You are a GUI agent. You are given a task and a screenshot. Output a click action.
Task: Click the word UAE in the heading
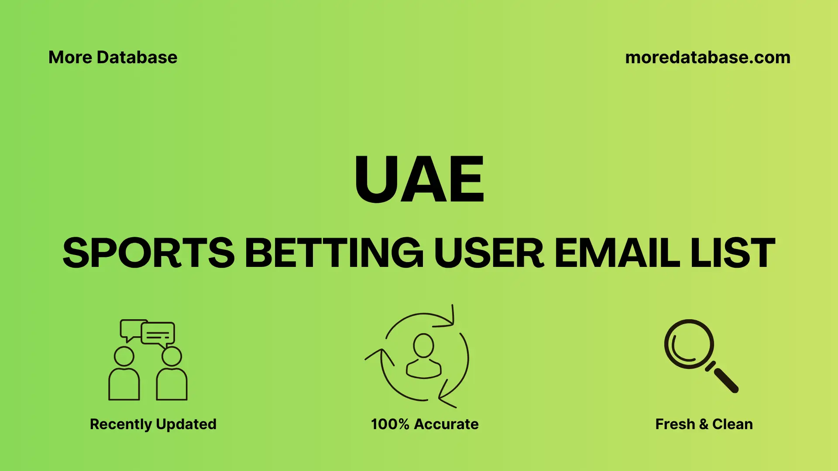pyautogui.click(x=419, y=179)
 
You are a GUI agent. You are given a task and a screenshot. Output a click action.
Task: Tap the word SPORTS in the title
pyautogui.click(x=148, y=253)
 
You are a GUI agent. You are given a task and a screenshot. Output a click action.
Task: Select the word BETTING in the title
pyautogui.click(x=334, y=253)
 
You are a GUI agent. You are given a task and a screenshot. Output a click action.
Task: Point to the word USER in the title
pyautogui.click(x=489, y=253)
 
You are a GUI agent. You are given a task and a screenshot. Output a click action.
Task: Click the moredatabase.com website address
pyautogui.click(x=707, y=58)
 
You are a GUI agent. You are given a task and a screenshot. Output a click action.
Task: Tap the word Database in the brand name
pyautogui.click(x=137, y=58)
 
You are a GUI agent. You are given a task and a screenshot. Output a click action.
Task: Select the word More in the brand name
pyautogui.click(x=70, y=58)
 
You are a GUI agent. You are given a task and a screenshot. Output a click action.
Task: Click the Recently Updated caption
pyautogui.click(x=153, y=424)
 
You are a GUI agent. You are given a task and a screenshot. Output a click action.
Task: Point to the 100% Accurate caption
pyautogui.click(x=425, y=424)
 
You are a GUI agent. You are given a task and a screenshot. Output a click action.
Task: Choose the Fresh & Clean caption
pyautogui.click(x=704, y=424)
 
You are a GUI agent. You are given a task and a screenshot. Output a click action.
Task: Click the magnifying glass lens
pyautogui.click(x=689, y=344)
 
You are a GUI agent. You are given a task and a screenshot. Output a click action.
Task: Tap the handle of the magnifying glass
pyautogui.click(x=725, y=380)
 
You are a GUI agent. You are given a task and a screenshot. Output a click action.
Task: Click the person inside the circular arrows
pyautogui.click(x=423, y=356)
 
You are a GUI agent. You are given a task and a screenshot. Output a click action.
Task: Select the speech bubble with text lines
pyautogui.click(x=158, y=334)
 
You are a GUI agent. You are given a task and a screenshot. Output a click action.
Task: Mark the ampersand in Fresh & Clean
pyautogui.click(x=704, y=424)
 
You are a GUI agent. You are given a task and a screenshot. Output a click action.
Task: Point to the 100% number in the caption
pyautogui.click(x=390, y=424)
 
